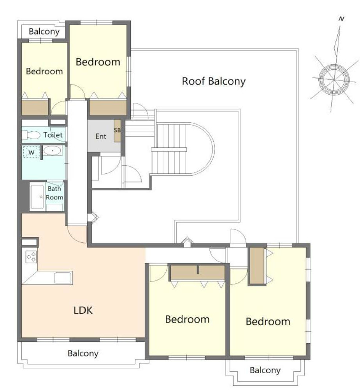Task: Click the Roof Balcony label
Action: click(214, 81)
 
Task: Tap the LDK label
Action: click(83, 310)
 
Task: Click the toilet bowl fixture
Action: click(31, 135)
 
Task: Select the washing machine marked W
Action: click(31, 152)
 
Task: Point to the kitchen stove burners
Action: click(31, 257)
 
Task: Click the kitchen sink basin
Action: click(63, 277)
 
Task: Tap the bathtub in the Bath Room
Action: click(37, 197)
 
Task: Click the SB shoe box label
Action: click(117, 130)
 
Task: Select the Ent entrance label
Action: click(101, 136)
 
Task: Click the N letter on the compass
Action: click(341, 19)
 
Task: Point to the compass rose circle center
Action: click(334, 79)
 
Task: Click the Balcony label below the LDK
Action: click(83, 353)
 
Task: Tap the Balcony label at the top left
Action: click(44, 32)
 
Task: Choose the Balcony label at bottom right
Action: click(265, 370)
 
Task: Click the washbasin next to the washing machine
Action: click(53, 151)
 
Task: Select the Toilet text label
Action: click(53, 135)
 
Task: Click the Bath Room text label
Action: click(54, 193)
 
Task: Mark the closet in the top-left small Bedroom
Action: click(35, 107)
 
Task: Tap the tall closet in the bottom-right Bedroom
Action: click(257, 266)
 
